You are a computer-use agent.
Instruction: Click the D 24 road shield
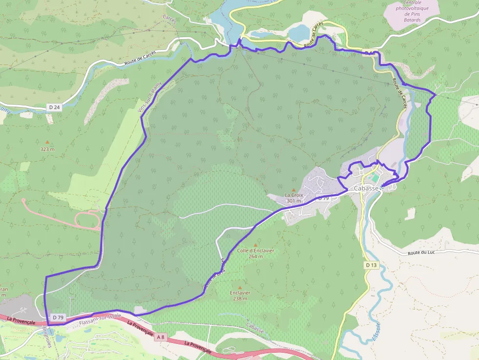[x=54, y=106]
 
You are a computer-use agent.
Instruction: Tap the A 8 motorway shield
[x=161, y=337]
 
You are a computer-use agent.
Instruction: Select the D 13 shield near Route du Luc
[x=371, y=265]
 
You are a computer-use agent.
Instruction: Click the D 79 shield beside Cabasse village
[x=323, y=198]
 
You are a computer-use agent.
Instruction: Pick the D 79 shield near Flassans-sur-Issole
[x=58, y=318]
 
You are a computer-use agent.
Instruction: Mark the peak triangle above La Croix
[x=294, y=190]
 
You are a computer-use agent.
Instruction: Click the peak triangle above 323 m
[x=47, y=142]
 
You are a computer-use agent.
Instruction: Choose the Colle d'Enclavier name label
[x=255, y=250]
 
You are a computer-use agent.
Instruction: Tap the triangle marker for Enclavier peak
[x=239, y=287]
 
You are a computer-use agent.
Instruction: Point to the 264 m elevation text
[x=255, y=256]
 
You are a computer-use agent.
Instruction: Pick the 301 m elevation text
[x=294, y=201]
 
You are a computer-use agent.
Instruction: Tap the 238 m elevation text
[x=239, y=298]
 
